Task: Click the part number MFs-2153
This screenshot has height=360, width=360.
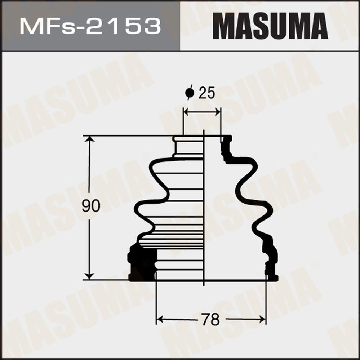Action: click(x=90, y=26)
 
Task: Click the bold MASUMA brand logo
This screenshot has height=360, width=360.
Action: click(x=270, y=26)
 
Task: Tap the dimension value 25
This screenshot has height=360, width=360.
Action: click(x=206, y=93)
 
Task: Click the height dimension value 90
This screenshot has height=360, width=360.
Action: click(x=90, y=206)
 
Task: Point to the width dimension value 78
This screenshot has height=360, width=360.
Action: click(x=211, y=319)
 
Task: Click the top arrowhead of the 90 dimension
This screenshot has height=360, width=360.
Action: click(x=89, y=139)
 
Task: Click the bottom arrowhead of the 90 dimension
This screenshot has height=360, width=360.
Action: click(x=89, y=276)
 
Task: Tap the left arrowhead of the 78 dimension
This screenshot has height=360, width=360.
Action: click(x=160, y=319)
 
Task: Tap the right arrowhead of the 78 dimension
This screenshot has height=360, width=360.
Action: click(x=262, y=319)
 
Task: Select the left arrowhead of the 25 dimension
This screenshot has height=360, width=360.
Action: click(x=186, y=112)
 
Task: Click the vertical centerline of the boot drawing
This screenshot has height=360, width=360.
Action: click(x=204, y=209)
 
